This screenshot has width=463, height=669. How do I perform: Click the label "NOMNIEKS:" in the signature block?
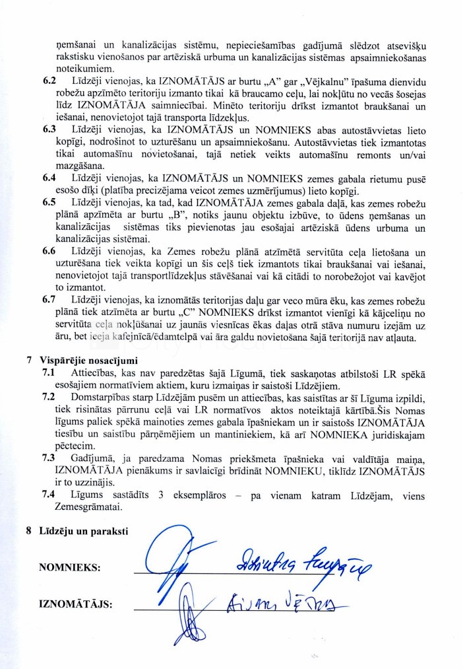(x=69, y=567)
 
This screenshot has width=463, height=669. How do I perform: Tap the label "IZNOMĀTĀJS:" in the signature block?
(x=75, y=603)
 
